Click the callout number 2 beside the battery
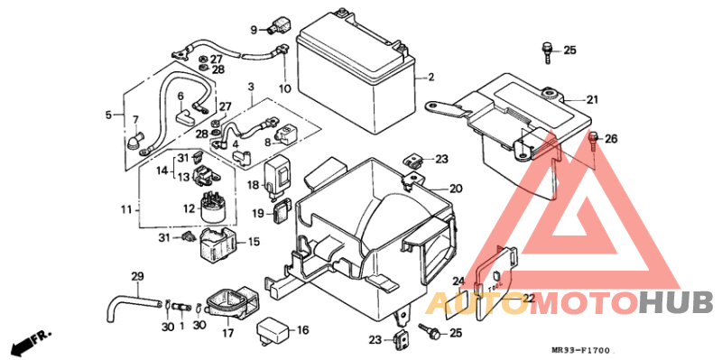click(430, 77)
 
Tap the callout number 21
click(592, 99)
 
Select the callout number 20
click(455, 189)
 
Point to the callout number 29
click(137, 276)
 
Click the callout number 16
click(302, 331)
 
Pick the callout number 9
click(255, 30)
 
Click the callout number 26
click(611, 139)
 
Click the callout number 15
click(254, 241)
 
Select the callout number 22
click(528, 298)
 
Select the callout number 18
click(254, 185)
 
